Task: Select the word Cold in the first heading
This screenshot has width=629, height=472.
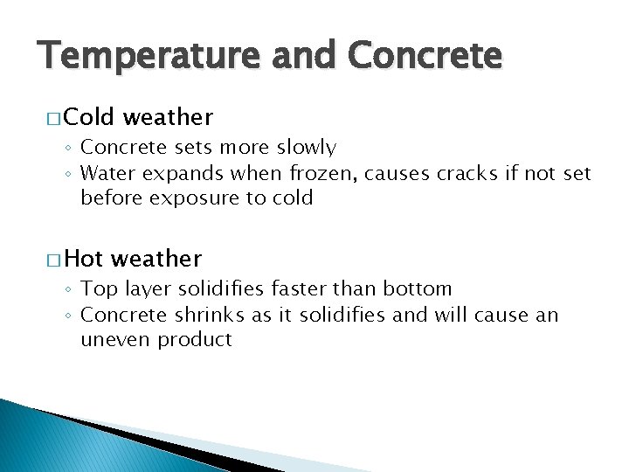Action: point(91,117)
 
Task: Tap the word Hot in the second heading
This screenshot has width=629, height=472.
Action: point(84,259)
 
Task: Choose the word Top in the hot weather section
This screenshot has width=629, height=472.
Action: point(96,289)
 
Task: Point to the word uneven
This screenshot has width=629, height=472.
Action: point(115,339)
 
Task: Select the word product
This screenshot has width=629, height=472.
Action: point(195,340)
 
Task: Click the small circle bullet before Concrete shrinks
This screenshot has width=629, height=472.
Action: point(71,316)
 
